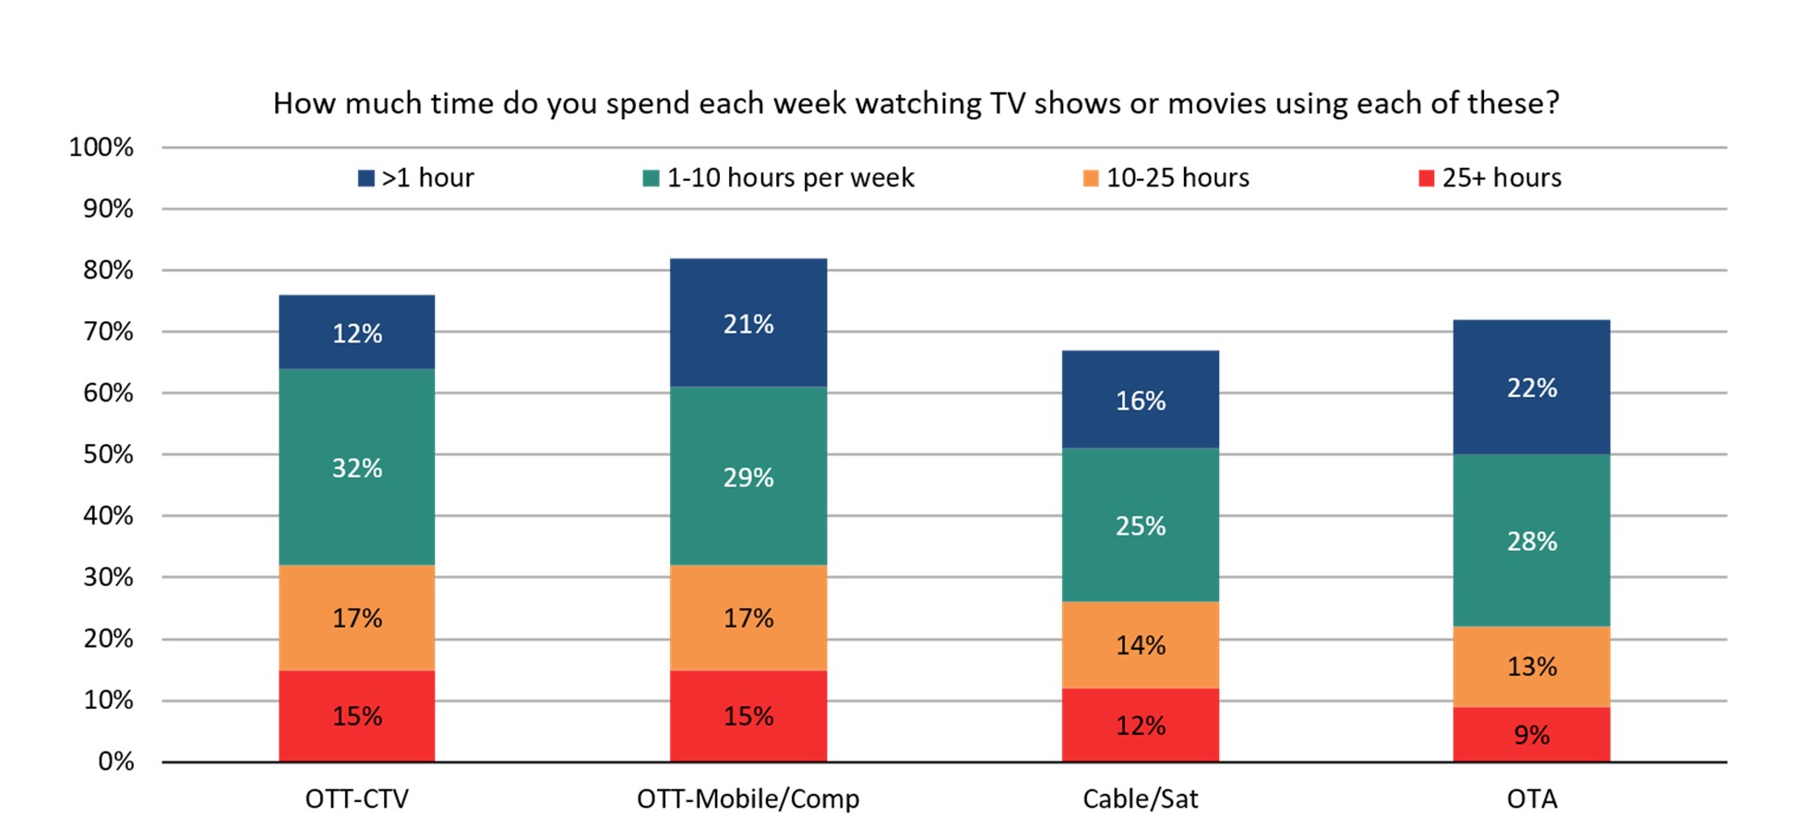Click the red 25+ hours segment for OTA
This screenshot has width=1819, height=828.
tap(1531, 735)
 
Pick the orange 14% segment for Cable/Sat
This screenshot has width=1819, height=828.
tap(1140, 644)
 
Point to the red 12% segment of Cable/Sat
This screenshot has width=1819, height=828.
tap(1140, 726)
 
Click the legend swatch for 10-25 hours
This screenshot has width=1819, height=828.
tap(1091, 178)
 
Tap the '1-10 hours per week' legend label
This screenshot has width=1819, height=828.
tap(790, 178)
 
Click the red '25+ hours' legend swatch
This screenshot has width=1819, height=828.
tap(1426, 178)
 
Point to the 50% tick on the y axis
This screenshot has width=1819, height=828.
tap(109, 454)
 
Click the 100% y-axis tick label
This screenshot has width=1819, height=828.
tap(102, 148)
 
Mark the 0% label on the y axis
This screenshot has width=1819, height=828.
tap(116, 762)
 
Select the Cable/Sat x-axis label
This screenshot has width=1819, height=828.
tap(1140, 798)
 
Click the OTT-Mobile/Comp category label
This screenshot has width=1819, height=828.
tap(748, 798)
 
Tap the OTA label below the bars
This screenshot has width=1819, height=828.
tap(1531, 798)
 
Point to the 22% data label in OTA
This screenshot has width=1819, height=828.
tap(1531, 388)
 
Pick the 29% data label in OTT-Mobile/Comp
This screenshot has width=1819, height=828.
tap(748, 477)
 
